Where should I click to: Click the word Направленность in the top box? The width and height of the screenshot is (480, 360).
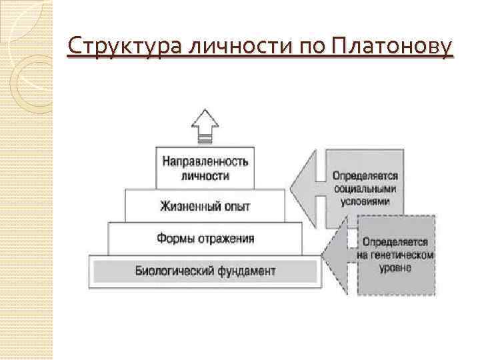pyautogui.click(x=205, y=162)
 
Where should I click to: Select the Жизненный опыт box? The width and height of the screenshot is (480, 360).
pyautogui.click(x=205, y=205)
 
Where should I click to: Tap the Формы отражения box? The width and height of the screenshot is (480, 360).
pyautogui.click(x=205, y=237)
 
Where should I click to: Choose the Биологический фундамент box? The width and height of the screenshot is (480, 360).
pyautogui.click(x=205, y=271)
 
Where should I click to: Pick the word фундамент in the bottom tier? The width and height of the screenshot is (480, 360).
pyautogui.click(x=245, y=271)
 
